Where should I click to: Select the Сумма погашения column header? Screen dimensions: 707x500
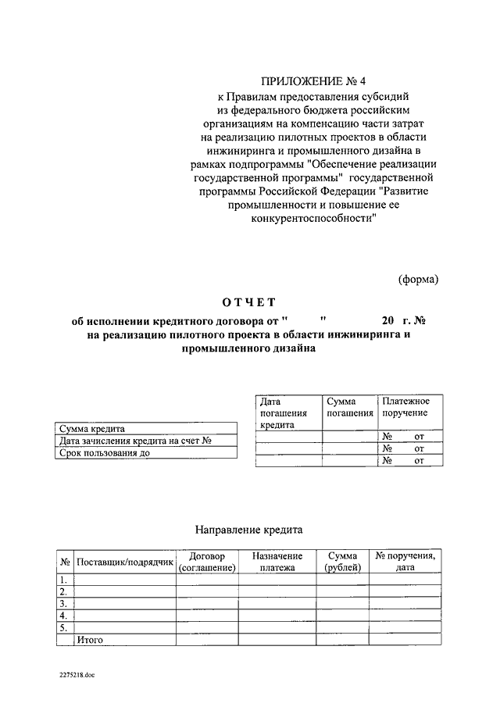pyautogui.click(x=349, y=407)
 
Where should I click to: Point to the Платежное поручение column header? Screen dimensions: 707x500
pyautogui.click(x=406, y=407)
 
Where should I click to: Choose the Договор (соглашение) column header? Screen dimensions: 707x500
pyautogui.click(x=207, y=562)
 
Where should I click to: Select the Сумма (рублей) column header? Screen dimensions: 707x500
pyautogui.click(x=343, y=562)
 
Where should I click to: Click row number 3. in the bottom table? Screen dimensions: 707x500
pyautogui.click(x=63, y=604)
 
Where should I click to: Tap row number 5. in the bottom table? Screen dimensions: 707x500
pyautogui.click(x=63, y=627)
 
